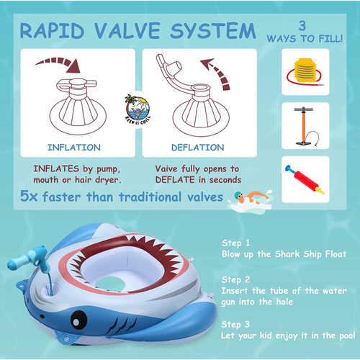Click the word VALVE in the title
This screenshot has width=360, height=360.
[127, 30]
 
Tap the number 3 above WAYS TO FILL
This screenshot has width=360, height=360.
[302, 26]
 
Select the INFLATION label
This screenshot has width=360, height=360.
[74, 148]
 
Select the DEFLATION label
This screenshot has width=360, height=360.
[198, 148]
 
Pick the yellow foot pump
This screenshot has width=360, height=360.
[305, 71]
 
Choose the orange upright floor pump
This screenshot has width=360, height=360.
[305, 126]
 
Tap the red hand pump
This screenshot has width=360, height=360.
[305, 179]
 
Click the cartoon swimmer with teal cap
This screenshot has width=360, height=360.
[251, 200]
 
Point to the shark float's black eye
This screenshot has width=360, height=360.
[78, 320]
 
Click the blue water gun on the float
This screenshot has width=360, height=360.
[29, 258]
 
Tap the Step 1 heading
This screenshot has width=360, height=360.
[235, 243]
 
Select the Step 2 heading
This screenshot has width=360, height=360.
[235, 279]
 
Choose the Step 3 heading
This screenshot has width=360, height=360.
[235, 325]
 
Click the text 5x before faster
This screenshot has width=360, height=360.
[29, 197]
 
